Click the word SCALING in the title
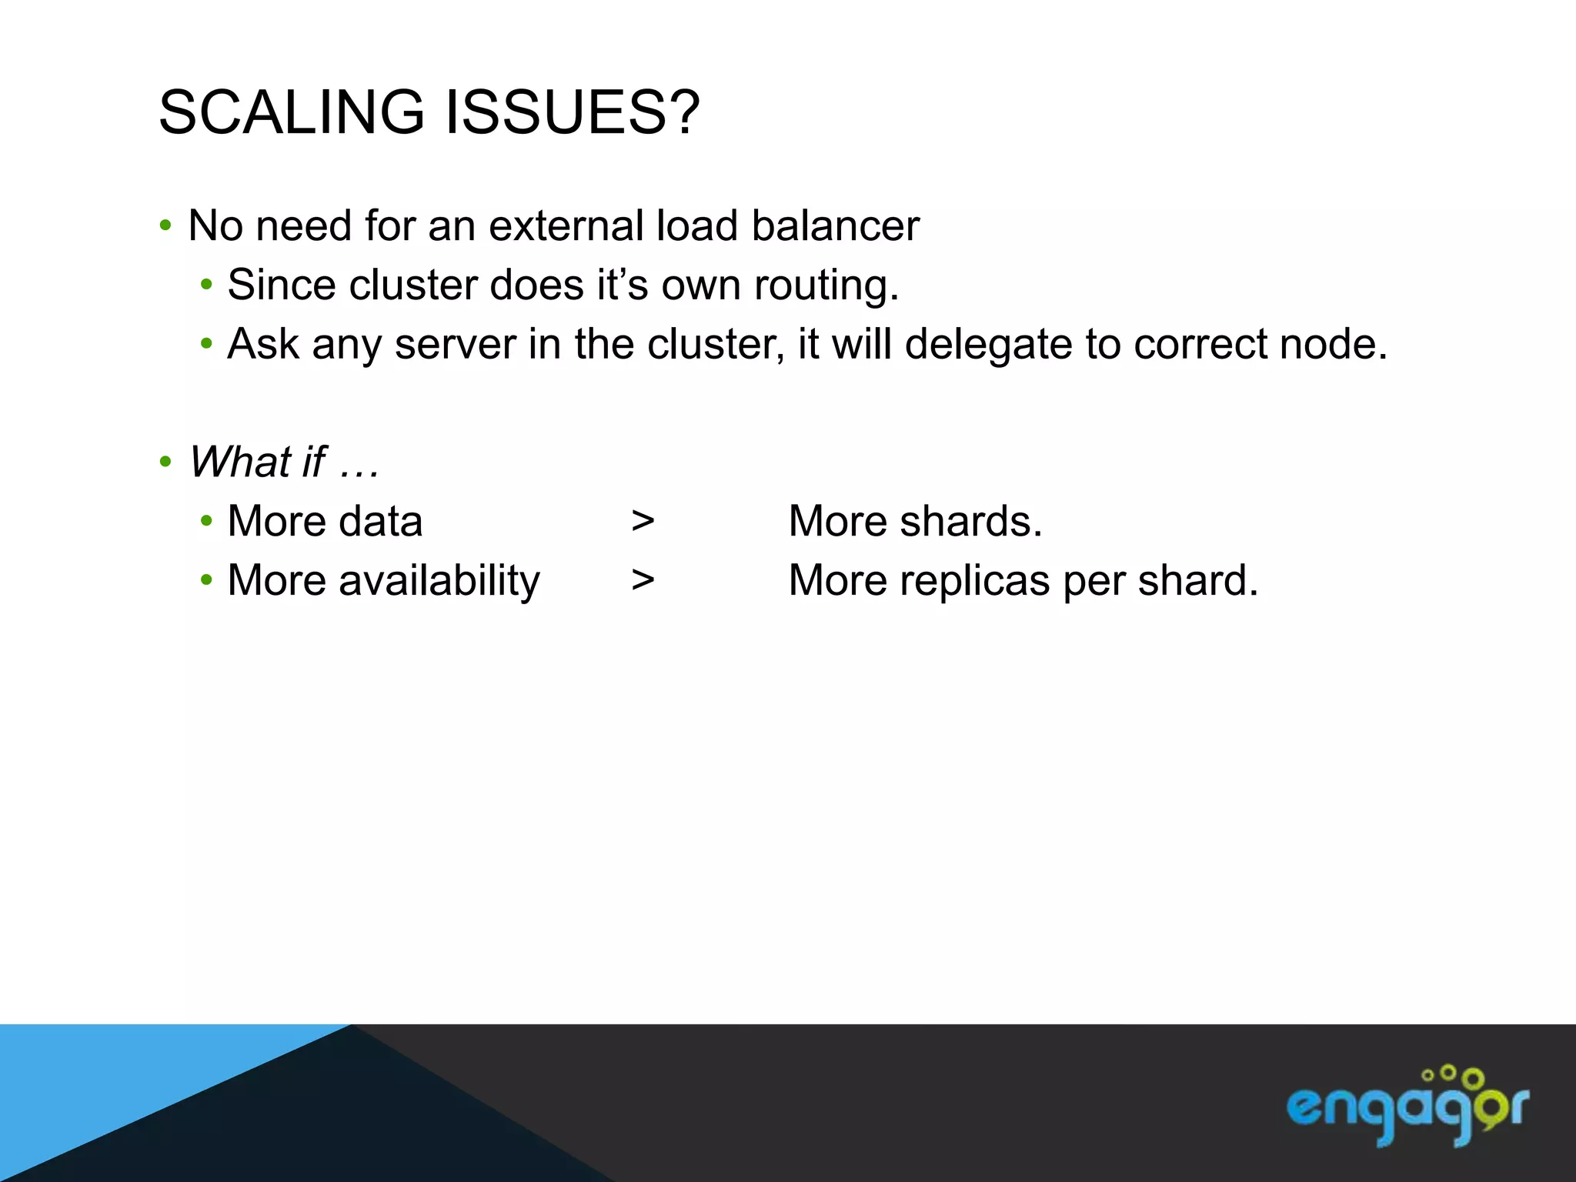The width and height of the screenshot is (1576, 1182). (291, 112)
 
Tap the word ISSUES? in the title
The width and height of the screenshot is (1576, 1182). (573, 112)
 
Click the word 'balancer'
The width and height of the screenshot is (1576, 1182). (835, 226)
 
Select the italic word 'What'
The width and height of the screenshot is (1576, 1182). (239, 462)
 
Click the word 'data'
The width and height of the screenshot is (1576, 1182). (380, 522)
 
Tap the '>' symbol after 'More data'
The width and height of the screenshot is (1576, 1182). (643, 522)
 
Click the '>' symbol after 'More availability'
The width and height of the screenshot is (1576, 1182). (643, 580)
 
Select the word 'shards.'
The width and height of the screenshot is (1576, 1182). (970, 522)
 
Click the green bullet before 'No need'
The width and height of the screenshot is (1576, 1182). (165, 226)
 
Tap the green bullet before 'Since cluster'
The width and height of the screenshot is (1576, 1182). (205, 285)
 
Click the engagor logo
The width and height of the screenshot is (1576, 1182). (1407, 1109)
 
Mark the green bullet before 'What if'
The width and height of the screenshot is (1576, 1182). (165, 462)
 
